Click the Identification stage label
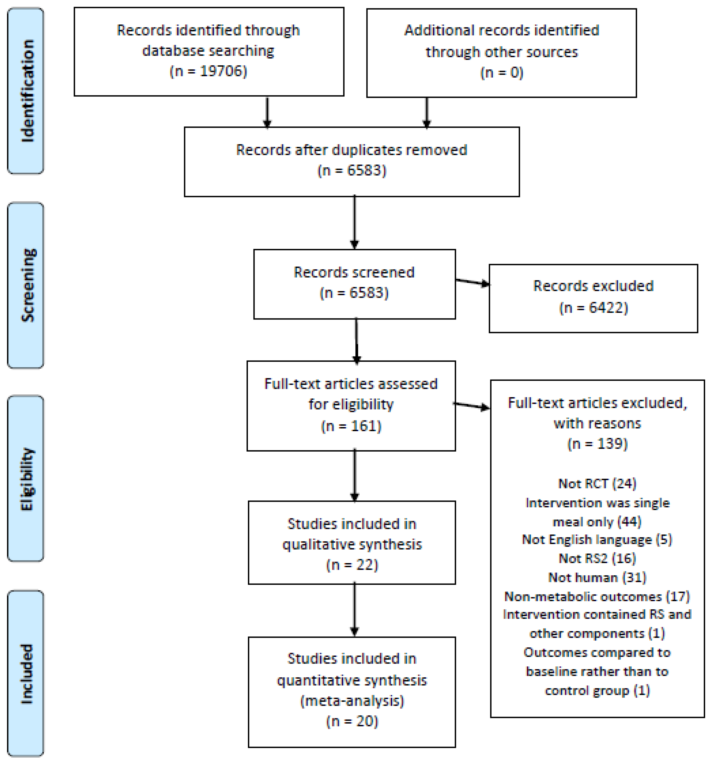(x=27, y=91)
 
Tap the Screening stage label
(x=28, y=285)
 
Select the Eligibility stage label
(x=27, y=479)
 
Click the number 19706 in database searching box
(x=223, y=71)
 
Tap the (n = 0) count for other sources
(x=502, y=72)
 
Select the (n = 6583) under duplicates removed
(x=352, y=170)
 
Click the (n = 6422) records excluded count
(x=594, y=308)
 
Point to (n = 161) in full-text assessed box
(x=351, y=426)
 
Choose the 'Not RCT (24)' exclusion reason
(x=597, y=483)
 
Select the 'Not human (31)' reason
(x=597, y=577)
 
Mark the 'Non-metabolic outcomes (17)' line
(x=597, y=596)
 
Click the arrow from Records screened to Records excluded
(x=472, y=282)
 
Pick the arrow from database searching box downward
(x=267, y=112)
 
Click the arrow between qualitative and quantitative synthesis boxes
(x=354, y=610)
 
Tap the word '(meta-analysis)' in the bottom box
(x=352, y=701)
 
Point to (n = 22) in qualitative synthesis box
(x=352, y=565)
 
